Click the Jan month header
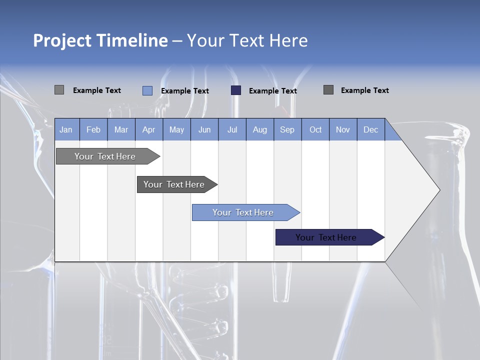66,129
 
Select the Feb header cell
93,129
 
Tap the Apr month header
149,129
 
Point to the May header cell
176,129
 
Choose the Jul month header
232,129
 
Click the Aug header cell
260,129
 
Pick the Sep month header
287,129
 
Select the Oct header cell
315,129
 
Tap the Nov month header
343,129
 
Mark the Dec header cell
370,129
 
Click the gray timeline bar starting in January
105,156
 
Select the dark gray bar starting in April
174,184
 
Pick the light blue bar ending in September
243,212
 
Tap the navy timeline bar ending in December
326,237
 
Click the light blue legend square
147,90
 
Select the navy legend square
236,90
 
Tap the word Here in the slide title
288,40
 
